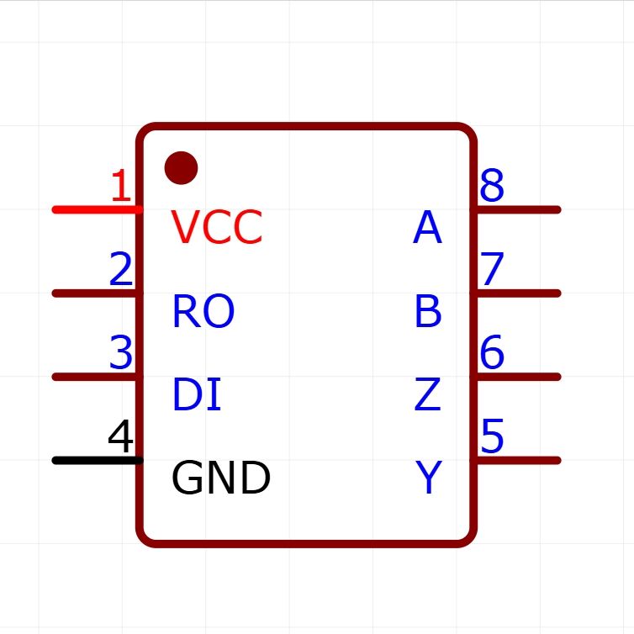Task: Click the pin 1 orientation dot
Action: [x=181, y=168]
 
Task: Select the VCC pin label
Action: [x=217, y=227]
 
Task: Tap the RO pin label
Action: [x=203, y=311]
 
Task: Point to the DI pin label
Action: [x=196, y=395]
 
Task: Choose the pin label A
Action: [x=427, y=228]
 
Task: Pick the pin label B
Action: [x=427, y=312]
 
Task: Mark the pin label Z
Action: [x=427, y=395]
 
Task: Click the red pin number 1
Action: [x=122, y=187]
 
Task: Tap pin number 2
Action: [x=121, y=271]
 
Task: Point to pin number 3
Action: [x=121, y=354]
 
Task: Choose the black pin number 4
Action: [x=121, y=438]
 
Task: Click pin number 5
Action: [x=492, y=437]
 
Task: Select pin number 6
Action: [x=492, y=353]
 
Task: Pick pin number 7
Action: [x=492, y=270]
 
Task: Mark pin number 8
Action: [x=492, y=186]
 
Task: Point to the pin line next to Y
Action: [x=517, y=461]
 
